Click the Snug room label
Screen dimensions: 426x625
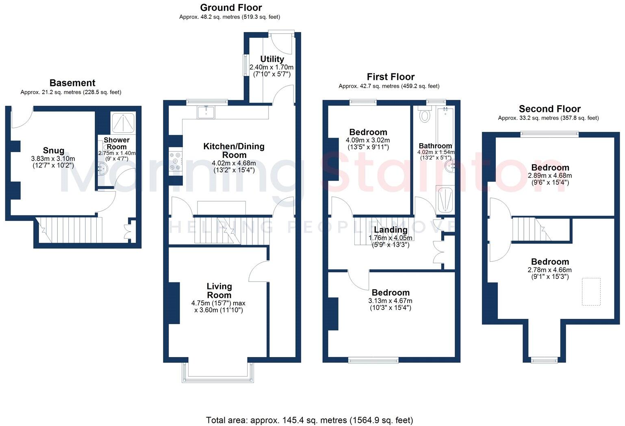coord(53,151)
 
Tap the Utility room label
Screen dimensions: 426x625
coord(272,59)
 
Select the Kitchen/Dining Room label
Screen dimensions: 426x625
coord(234,151)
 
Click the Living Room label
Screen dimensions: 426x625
coord(219,291)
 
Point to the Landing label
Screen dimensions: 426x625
coord(390,230)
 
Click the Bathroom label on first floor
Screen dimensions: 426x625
coord(435,146)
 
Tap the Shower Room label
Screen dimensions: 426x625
coord(117,143)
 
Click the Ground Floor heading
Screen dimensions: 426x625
coord(231,8)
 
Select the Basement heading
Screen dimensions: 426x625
coord(72,83)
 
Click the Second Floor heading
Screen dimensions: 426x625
coord(549,109)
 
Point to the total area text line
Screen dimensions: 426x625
coord(309,420)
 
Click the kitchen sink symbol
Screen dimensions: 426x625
coord(207,112)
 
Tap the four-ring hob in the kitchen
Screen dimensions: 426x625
coord(176,161)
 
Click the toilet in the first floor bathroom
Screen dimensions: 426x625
coord(425,114)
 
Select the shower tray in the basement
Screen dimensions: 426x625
coord(123,123)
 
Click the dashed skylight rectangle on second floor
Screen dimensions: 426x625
coord(591,291)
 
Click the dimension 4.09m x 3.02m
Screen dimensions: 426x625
coord(367,140)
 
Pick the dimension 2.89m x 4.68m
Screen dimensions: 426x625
coord(549,176)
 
